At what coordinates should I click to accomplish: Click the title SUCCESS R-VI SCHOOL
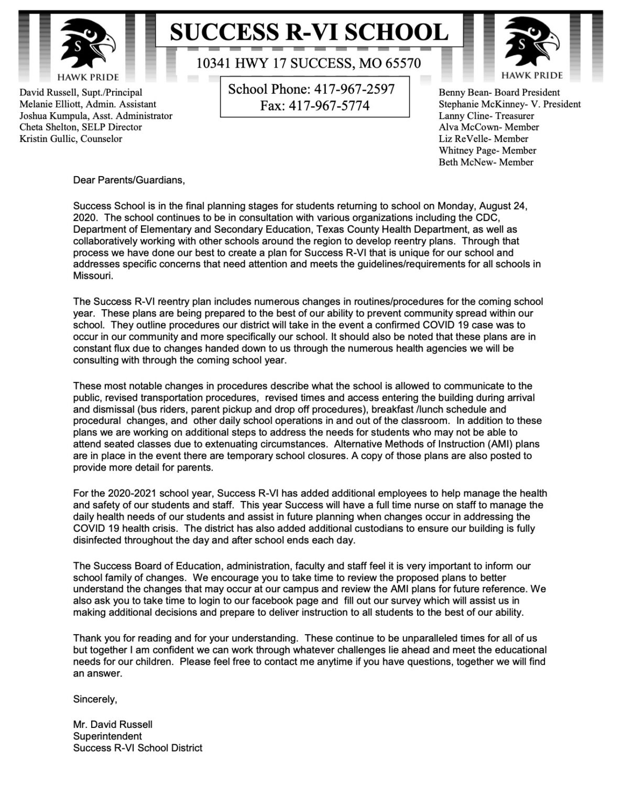pos(309,32)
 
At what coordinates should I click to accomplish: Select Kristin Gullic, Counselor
pos(71,139)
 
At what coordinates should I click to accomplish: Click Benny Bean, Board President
pos(499,93)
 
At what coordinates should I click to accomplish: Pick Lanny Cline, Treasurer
pos(486,116)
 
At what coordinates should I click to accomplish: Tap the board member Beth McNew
pos(486,162)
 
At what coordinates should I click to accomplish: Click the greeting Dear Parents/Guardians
pos(129,180)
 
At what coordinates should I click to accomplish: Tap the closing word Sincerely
pos(95,699)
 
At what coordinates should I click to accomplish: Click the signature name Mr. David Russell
pos(113,725)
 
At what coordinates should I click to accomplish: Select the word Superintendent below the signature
pos(107,736)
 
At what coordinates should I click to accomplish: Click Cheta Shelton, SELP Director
pos(81,127)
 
